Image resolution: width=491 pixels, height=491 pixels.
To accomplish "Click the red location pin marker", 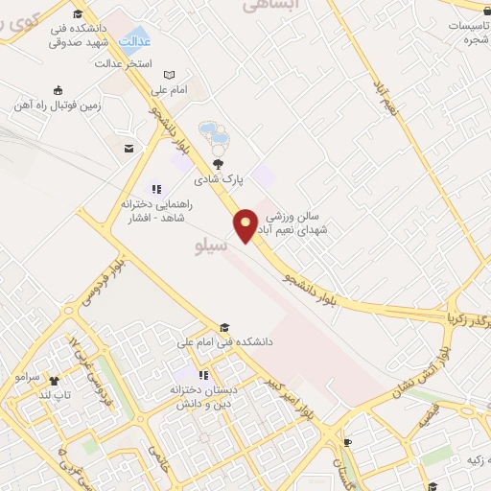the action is (245, 224).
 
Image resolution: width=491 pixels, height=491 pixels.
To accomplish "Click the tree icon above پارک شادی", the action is (229, 164).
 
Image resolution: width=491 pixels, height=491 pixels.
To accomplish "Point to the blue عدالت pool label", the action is (136, 42).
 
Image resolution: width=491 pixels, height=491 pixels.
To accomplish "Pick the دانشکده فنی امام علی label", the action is (226, 341).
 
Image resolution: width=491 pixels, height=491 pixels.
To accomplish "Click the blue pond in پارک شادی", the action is (213, 136).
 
